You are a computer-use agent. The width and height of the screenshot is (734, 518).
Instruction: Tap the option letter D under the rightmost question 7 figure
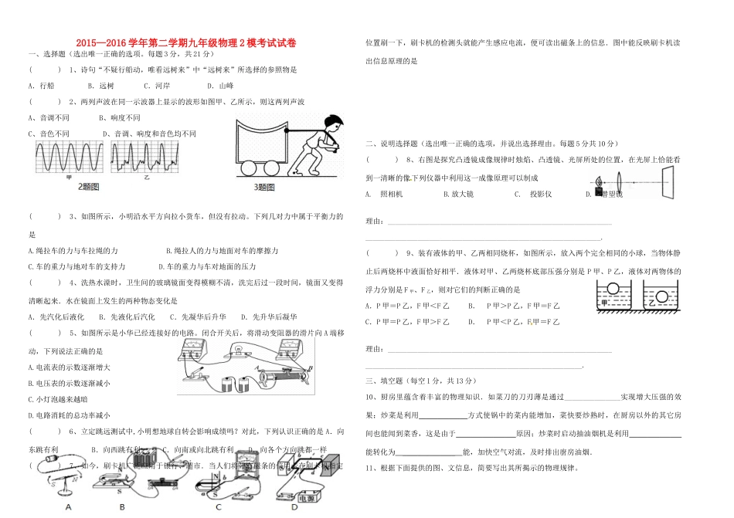point(294,507)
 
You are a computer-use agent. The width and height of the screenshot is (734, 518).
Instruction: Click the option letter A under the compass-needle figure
point(69,507)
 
